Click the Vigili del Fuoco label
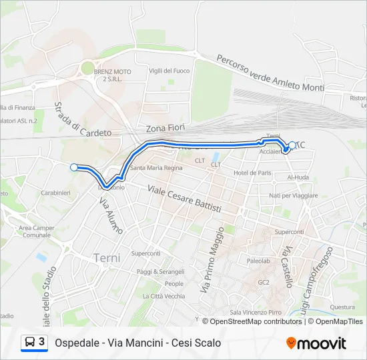tap(169, 71)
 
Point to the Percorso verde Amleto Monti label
tap(270, 71)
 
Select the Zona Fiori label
tap(163, 127)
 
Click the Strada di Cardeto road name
tap(82, 120)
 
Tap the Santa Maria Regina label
tap(156, 167)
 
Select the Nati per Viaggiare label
tap(294, 195)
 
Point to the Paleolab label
tap(258, 261)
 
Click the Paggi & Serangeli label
tap(161, 271)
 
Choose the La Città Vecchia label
tap(163, 296)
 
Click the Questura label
tap(342, 307)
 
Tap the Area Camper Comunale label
tap(37, 231)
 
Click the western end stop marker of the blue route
tap(74, 168)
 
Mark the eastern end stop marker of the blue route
tap(292, 145)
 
